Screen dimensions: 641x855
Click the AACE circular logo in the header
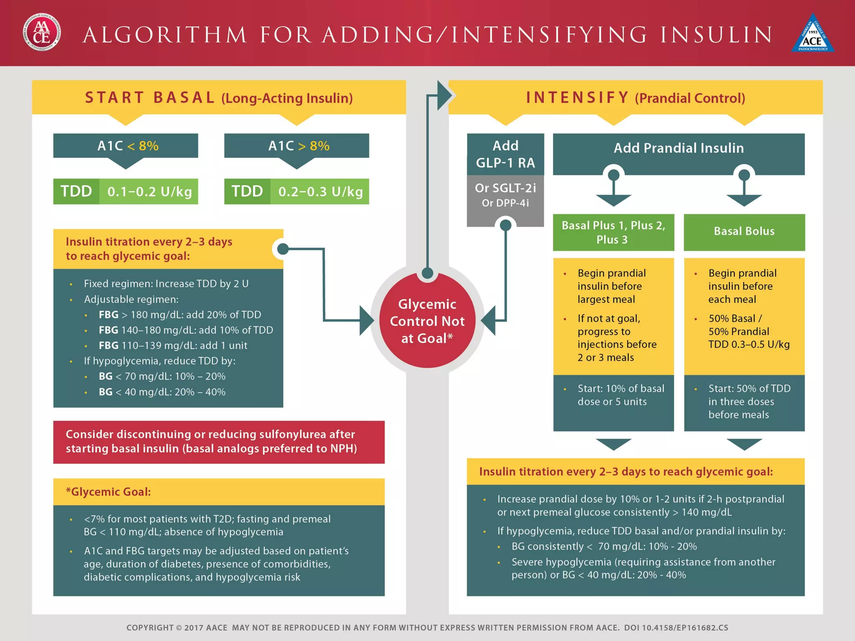coord(42,33)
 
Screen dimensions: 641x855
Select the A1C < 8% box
coord(126,146)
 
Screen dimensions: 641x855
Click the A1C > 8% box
coord(296,146)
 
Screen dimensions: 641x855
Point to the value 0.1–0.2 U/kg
coord(149,192)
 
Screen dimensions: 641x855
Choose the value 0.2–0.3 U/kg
coord(320,192)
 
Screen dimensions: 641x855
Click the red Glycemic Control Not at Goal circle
coord(427,321)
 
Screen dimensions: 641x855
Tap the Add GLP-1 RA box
coord(505,154)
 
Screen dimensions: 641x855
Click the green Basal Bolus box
coord(744,232)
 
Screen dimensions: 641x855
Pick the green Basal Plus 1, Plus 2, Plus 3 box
coord(613,232)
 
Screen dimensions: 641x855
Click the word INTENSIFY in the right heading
coord(577,98)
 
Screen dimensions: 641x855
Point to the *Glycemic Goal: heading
coord(109,492)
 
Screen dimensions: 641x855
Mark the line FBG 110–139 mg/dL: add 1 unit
coord(173,346)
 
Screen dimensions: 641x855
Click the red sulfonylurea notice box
coord(219,442)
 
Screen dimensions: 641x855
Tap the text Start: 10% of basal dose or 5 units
coord(620,395)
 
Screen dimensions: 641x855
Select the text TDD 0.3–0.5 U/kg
coord(749,344)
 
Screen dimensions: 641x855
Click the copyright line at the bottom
coord(427,628)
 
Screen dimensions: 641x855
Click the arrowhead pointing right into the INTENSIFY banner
coord(445,96)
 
